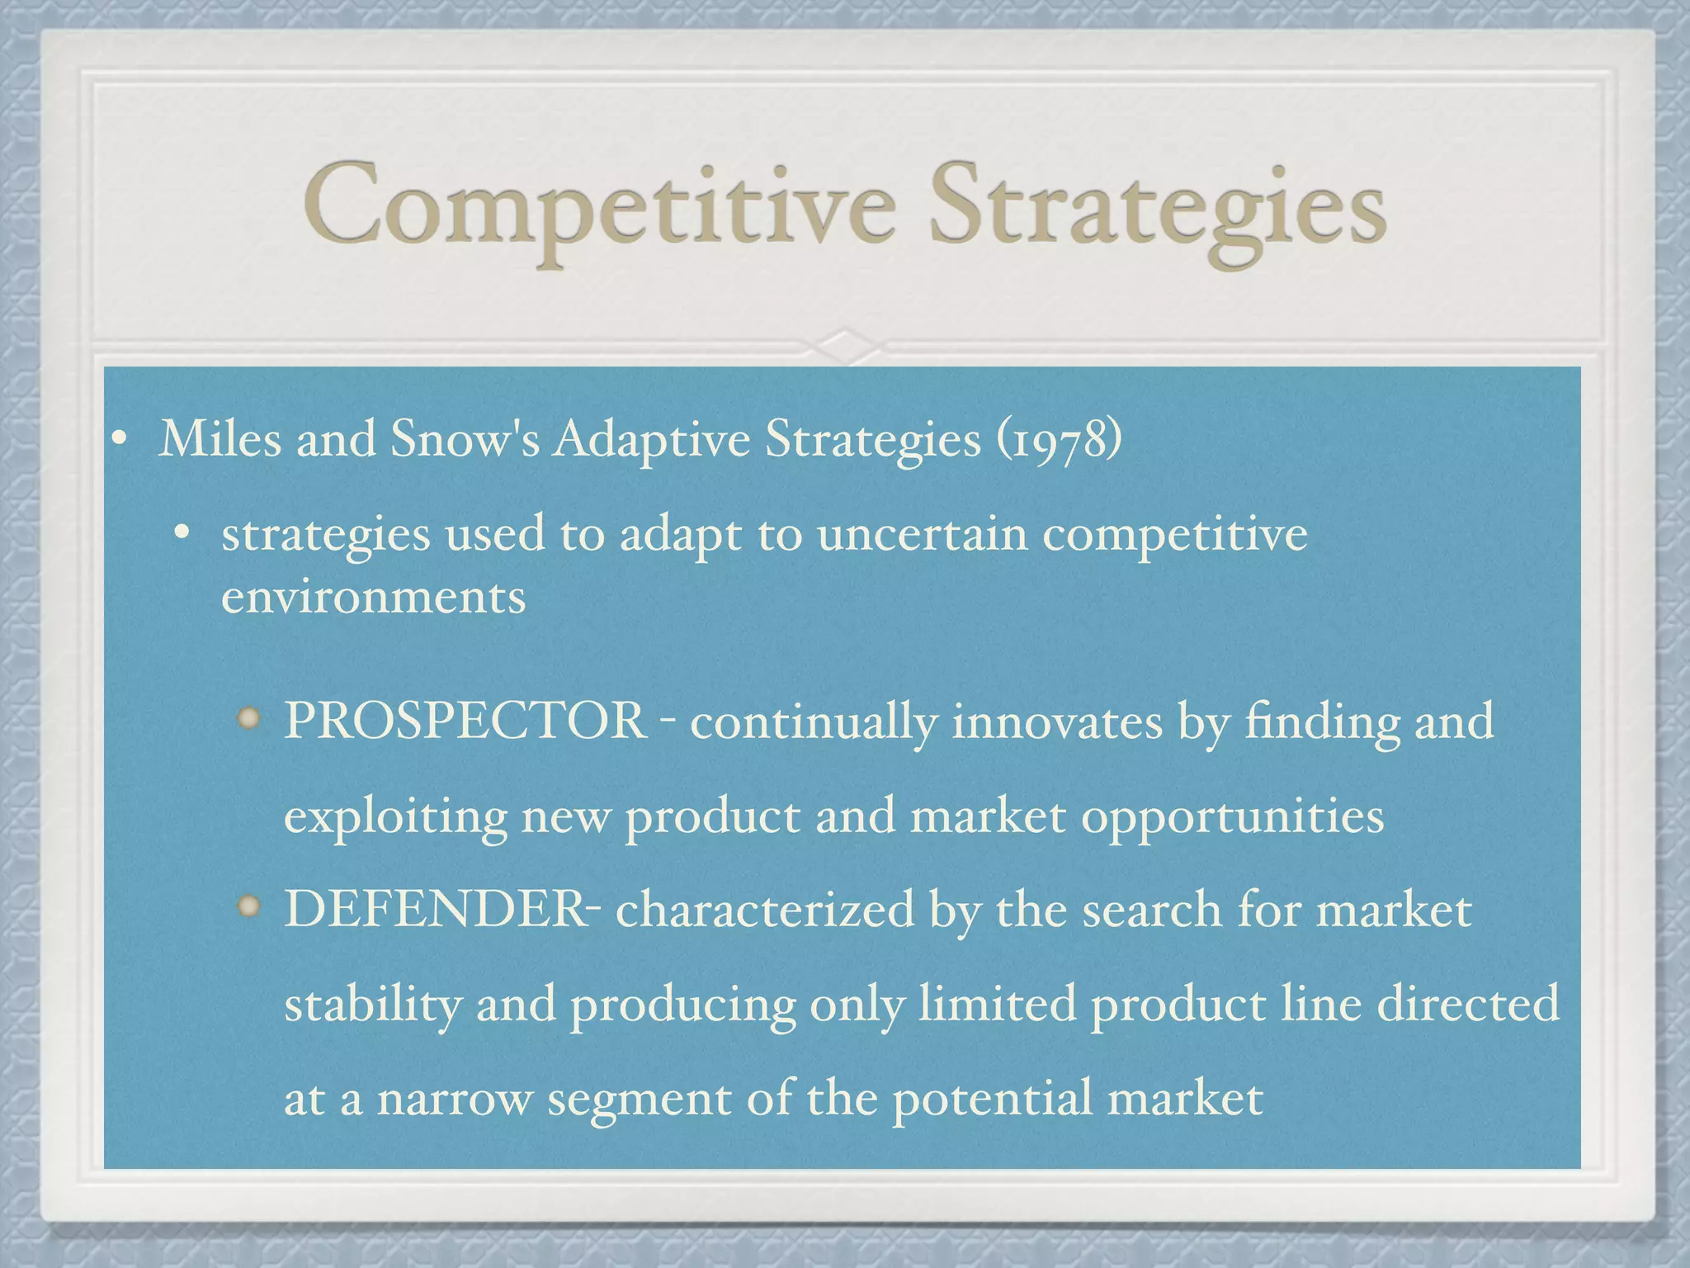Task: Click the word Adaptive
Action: click(651, 439)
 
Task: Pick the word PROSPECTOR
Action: click(465, 721)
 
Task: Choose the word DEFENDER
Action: click(434, 909)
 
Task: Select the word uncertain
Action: click(922, 534)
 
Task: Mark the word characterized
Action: click(765, 909)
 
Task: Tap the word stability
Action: click(372, 1005)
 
